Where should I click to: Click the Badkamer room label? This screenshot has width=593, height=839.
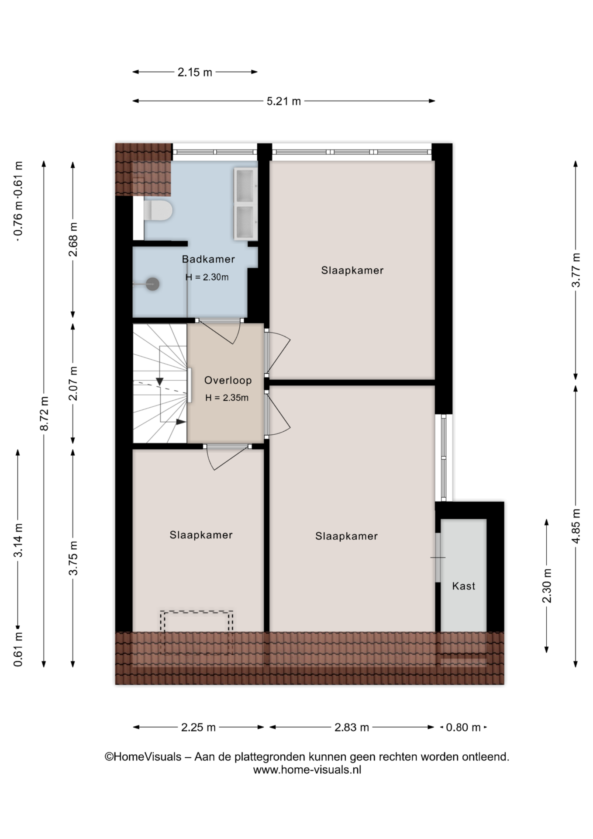click(x=208, y=259)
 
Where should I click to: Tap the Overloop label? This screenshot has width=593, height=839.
click(x=228, y=380)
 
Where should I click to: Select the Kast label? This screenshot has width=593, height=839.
click(x=463, y=586)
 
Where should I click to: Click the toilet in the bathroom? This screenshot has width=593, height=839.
click(x=158, y=210)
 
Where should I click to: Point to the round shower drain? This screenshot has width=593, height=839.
click(x=152, y=284)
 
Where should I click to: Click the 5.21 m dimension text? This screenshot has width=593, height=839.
click(x=284, y=101)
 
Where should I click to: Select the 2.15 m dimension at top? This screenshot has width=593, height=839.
click(x=195, y=72)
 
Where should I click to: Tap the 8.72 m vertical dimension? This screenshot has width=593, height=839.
click(x=44, y=413)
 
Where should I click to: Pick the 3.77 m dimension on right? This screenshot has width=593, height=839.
click(x=576, y=270)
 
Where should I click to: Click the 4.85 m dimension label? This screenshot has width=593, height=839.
click(x=576, y=526)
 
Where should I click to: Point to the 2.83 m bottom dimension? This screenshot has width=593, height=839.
click(x=352, y=728)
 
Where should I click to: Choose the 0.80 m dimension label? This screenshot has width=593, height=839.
click(x=463, y=728)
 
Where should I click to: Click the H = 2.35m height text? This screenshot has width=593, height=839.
click(x=227, y=398)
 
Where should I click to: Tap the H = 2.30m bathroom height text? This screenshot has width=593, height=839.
click(x=207, y=277)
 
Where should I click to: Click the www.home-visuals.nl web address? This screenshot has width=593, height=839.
click(x=307, y=770)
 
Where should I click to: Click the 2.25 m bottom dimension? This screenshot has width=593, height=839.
click(x=198, y=728)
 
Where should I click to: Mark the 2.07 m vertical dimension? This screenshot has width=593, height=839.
click(x=73, y=383)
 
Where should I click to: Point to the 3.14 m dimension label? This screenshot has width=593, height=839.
click(x=18, y=540)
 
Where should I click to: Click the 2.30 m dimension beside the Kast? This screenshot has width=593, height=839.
click(x=547, y=586)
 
